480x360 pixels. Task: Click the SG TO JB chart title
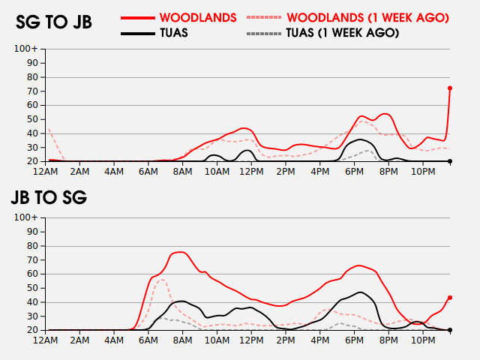point(54,22)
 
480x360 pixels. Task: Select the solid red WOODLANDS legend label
point(198,16)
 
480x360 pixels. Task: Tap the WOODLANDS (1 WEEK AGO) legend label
point(367,16)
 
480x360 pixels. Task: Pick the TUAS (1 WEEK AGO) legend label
point(342,33)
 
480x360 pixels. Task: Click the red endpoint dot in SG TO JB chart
point(450,88)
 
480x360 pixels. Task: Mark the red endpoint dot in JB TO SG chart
point(450,298)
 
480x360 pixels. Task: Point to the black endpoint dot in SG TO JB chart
point(450,161)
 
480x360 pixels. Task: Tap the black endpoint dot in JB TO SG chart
point(450,330)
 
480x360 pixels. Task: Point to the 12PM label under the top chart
point(251,172)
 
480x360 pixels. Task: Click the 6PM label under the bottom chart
point(354,340)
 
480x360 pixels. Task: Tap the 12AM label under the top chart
point(46,172)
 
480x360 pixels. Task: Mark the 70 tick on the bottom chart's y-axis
point(33,259)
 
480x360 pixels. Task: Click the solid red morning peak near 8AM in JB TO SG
point(180,252)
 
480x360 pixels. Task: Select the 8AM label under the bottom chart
point(183,340)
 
